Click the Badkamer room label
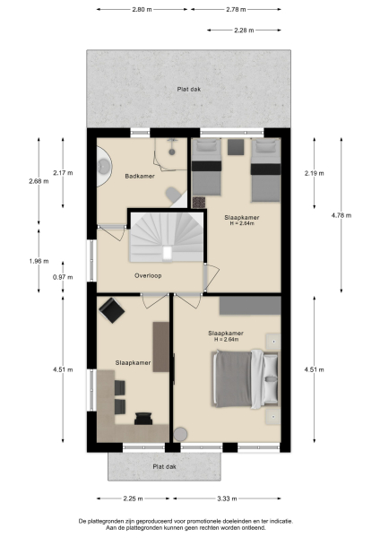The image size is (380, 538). [x=141, y=176]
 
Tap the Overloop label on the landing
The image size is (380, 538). [x=148, y=275]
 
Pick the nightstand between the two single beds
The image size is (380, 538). [x=236, y=146]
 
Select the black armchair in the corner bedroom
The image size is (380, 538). [x=112, y=310]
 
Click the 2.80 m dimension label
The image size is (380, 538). [x=140, y=9]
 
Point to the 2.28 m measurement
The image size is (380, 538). [x=243, y=30]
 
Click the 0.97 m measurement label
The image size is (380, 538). [x=62, y=277]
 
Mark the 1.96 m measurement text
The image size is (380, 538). [x=38, y=261]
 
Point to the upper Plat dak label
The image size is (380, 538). [x=189, y=89]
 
